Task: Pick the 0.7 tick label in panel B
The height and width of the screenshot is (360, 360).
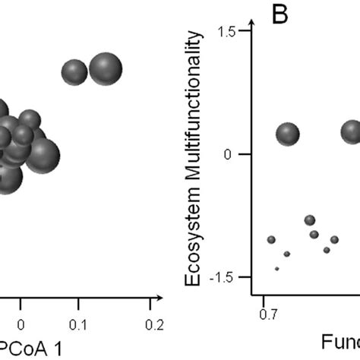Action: coord(267,312)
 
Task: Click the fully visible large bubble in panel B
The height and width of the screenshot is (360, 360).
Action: coord(288,134)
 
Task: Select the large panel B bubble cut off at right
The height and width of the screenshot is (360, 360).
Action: coord(351,132)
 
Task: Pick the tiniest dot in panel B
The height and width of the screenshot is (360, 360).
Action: coord(277,268)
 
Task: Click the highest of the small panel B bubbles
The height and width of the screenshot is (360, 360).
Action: coord(309,220)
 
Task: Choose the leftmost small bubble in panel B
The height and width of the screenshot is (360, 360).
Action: coord(271,240)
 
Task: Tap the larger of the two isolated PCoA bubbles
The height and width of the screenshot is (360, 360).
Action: coord(106,69)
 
